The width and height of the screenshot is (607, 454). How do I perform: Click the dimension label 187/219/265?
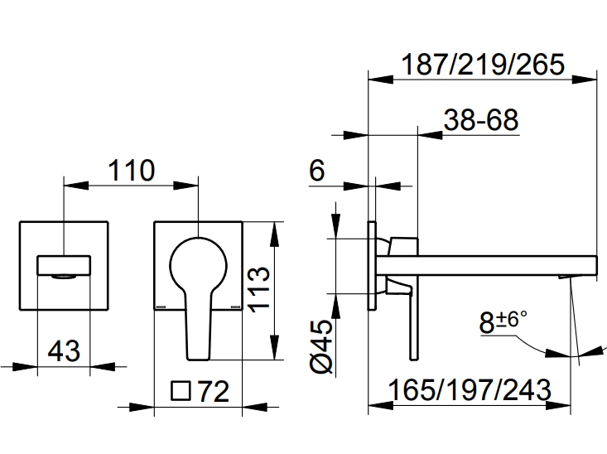pyautogui.click(x=482, y=64)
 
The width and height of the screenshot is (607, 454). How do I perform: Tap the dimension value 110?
pyautogui.click(x=130, y=171)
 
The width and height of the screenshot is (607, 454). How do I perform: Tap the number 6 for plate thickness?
pyautogui.click(x=317, y=171)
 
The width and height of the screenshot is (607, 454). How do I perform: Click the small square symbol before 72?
pyautogui.click(x=180, y=389)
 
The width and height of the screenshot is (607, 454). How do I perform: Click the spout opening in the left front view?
pyautogui.click(x=63, y=266)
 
